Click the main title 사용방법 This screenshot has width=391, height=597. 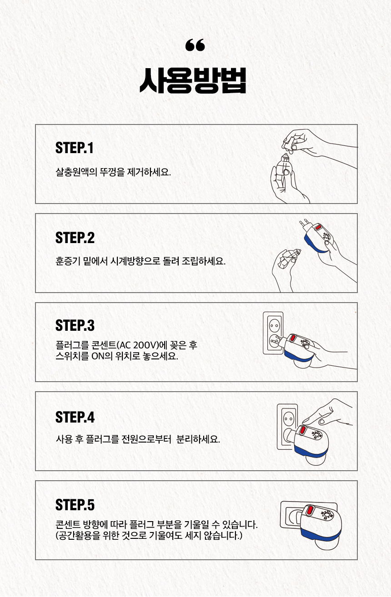(x=193, y=81)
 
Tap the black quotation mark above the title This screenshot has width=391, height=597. (x=195, y=45)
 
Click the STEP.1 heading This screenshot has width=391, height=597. (x=75, y=148)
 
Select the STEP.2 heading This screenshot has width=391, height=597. (x=75, y=238)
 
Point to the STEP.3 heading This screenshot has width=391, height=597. (x=75, y=325)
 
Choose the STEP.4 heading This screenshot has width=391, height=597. (x=75, y=417)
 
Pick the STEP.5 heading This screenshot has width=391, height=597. (x=75, y=505)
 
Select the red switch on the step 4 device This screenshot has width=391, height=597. (x=302, y=430)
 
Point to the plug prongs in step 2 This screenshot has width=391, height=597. (x=305, y=224)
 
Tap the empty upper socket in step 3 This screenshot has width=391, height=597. (x=274, y=325)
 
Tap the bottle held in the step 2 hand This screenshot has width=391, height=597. (x=288, y=258)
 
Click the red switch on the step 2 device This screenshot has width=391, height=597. (x=318, y=228)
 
